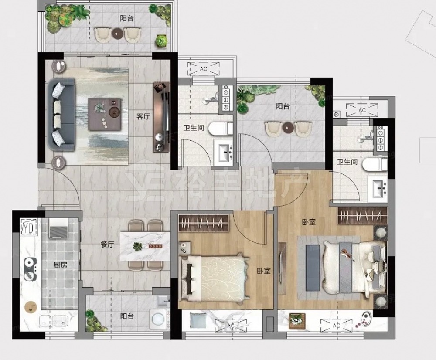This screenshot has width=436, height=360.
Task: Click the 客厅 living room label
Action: [x=143, y=116]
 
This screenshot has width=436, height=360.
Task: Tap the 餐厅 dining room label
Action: [x=107, y=245]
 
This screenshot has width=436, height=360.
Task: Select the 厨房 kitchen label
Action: [x=60, y=265]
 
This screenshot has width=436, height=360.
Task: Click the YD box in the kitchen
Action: [x=29, y=228]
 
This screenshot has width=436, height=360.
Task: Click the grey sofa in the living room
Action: [x=61, y=115]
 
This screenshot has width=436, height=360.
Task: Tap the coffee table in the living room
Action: [x=105, y=114]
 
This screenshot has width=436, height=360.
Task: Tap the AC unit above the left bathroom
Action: [x=203, y=69]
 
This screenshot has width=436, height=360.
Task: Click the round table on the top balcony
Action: [x=117, y=34]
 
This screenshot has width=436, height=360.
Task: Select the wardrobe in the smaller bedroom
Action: [x=203, y=223]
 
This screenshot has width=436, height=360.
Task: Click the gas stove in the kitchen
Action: [x=31, y=269]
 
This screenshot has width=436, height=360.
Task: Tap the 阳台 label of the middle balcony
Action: [x=283, y=106]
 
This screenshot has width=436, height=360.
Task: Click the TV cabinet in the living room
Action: [x=161, y=117]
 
